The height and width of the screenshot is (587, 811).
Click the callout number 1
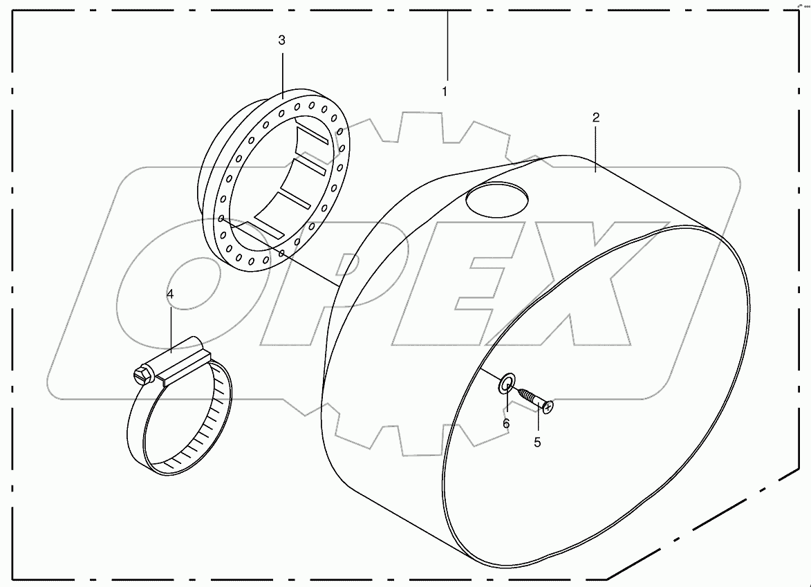[445, 91]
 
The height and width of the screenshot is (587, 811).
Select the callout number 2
[595, 118]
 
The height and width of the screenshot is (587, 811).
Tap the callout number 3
[281, 41]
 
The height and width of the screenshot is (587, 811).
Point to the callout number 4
[170, 295]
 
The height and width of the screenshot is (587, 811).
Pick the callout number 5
[537, 442]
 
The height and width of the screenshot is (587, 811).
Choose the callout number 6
[506, 422]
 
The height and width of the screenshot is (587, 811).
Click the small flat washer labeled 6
[507, 381]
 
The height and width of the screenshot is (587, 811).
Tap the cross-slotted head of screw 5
[548, 408]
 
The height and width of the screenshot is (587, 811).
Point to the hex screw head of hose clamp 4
[141, 375]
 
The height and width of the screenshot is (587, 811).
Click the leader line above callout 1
[447, 45]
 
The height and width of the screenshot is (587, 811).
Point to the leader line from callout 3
[282, 69]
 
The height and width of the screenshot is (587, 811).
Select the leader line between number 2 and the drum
[595, 145]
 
